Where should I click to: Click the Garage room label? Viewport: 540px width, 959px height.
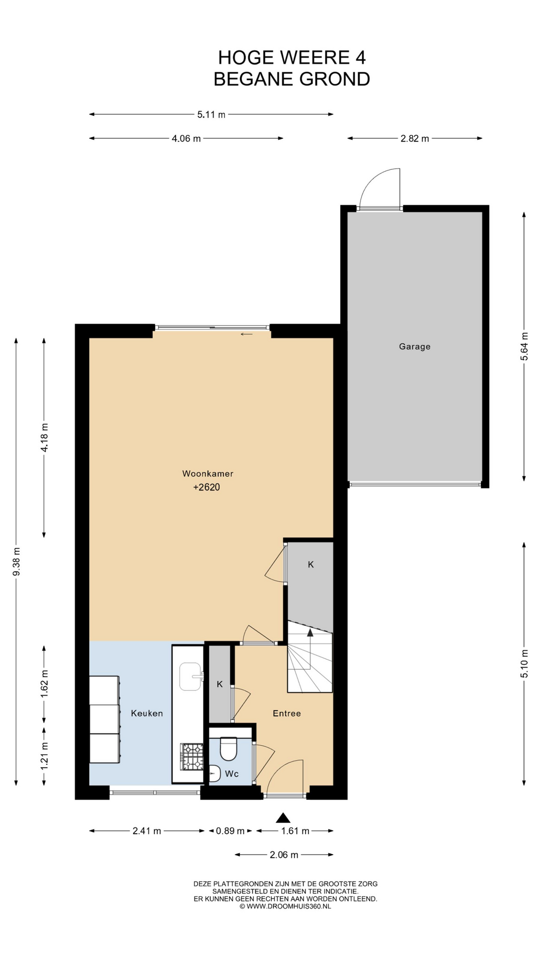(414, 347)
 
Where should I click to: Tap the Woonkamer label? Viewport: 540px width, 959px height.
(207, 474)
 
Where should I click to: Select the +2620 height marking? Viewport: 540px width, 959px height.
(206, 487)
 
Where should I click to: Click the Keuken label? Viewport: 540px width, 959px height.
(147, 713)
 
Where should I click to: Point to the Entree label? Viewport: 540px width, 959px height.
(287, 713)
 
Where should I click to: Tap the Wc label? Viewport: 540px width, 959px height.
(231, 774)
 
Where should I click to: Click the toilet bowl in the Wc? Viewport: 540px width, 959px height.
(228, 748)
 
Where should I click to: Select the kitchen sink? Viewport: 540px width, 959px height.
(190, 676)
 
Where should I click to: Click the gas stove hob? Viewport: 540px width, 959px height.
(192, 756)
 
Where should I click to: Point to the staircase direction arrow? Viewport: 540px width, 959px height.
(310, 649)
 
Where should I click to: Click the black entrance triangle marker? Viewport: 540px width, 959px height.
(283, 818)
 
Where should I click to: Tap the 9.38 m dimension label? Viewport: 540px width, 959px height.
(16, 561)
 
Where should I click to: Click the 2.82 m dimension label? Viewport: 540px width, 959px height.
(414, 139)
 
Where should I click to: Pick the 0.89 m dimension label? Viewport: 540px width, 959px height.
(230, 831)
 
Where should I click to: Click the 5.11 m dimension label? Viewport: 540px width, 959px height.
(211, 115)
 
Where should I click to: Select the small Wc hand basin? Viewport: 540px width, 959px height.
(214, 774)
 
